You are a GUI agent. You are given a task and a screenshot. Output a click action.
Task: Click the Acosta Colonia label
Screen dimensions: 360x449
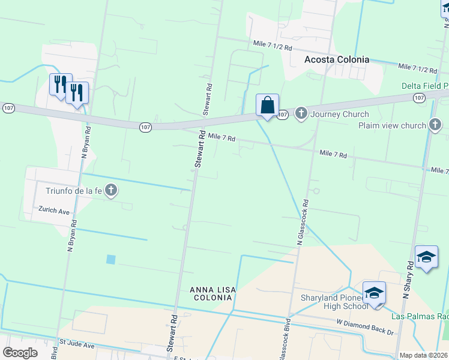pos(336,59)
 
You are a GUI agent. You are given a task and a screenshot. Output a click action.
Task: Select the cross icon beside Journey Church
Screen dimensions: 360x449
pos(301,113)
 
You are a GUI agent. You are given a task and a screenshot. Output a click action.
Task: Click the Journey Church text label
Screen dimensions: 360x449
pos(339,114)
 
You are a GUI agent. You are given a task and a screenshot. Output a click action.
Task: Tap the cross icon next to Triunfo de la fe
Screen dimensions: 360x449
pos(110,191)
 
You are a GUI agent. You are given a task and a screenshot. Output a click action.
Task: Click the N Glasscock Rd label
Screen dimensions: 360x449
pos(302,222)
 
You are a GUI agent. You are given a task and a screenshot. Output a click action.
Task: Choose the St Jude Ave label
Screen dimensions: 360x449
pos(77,346)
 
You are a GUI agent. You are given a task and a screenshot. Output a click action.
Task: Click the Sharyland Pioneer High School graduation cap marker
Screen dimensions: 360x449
pos(373,293)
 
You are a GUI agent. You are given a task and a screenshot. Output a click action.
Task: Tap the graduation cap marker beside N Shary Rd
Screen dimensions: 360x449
pos(426,257)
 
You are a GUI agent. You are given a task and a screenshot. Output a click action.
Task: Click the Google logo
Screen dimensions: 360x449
pos(20,353)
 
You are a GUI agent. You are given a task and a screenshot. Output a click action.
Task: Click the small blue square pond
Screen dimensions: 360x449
pos(110,259)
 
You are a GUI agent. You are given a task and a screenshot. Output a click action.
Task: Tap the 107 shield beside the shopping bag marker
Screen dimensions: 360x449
pos(282,113)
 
